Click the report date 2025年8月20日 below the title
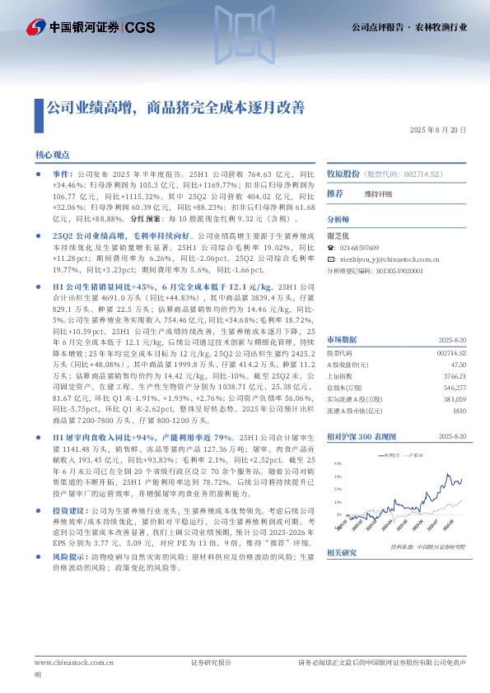click(x=438, y=130)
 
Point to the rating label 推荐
click(x=335, y=193)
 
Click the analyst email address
click(x=397, y=258)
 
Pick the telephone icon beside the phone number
click(x=331, y=248)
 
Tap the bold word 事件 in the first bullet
click(x=63, y=175)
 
